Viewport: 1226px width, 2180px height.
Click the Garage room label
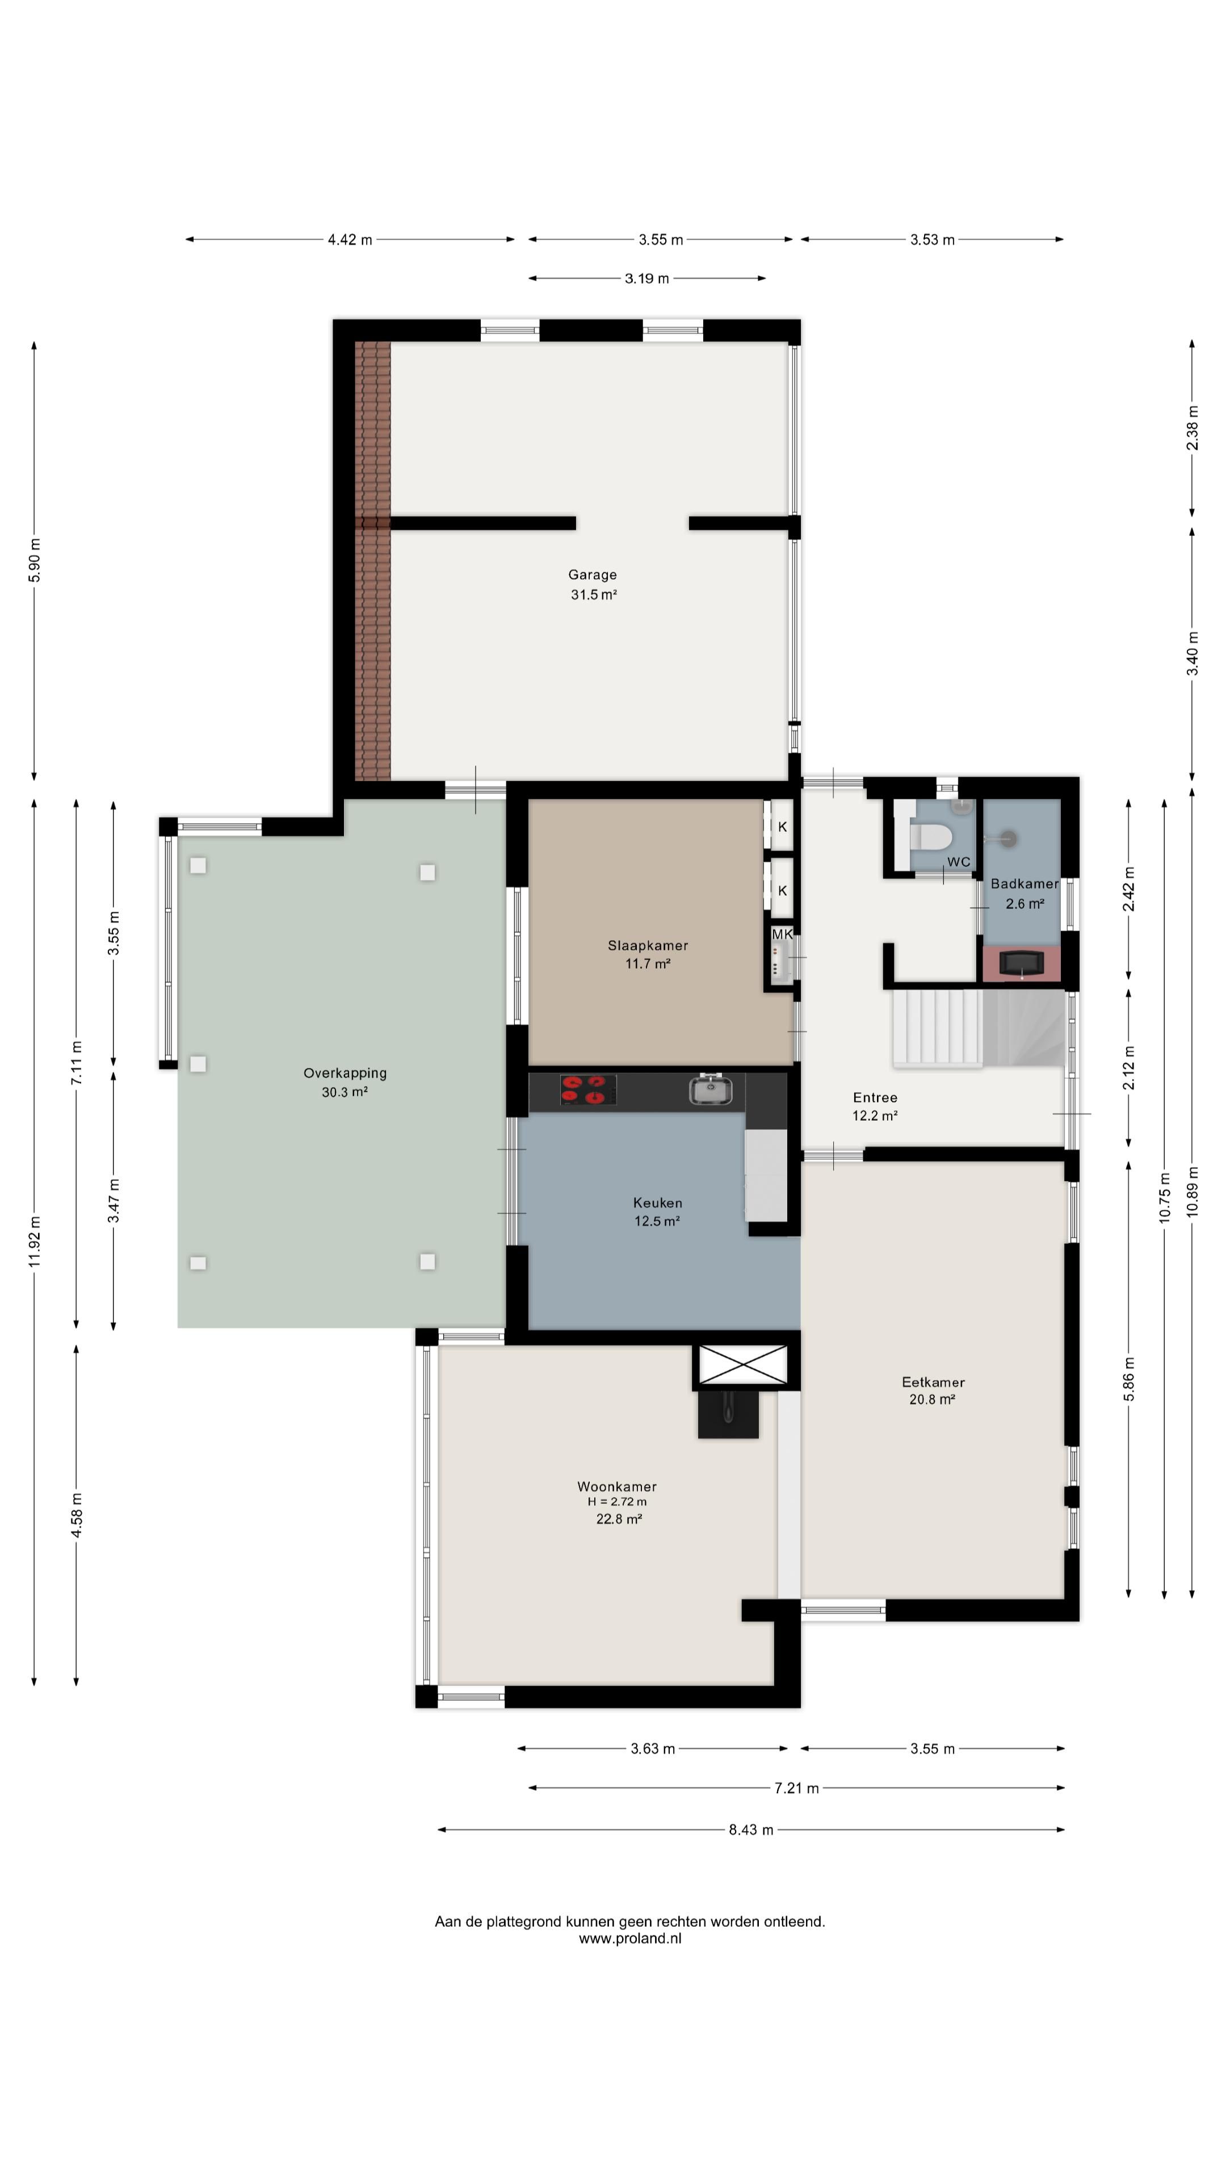pyautogui.click(x=592, y=575)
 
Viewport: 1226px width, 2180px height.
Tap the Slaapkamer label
pyautogui.click(x=647, y=945)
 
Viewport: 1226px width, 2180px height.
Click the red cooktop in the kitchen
pyautogui.click(x=588, y=1090)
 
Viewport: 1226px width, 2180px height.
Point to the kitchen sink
pyautogui.click(x=711, y=1089)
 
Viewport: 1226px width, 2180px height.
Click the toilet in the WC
pyautogui.click(x=931, y=837)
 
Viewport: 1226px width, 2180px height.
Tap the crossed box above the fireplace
pyautogui.click(x=742, y=1364)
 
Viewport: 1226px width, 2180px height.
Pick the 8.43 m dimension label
pyautogui.click(x=750, y=1830)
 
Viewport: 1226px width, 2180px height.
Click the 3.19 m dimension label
pyautogui.click(x=646, y=278)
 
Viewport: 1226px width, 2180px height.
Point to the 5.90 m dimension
pyautogui.click(x=35, y=560)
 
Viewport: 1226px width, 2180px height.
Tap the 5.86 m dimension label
pyautogui.click(x=1129, y=1378)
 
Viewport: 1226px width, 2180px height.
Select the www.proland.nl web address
pyautogui.click(x=629, y=1938)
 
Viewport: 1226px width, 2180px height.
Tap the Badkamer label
pyautogui.click(x=1024, y=883)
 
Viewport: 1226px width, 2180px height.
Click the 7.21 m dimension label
pyautogui.click(x=796, y=1788)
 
